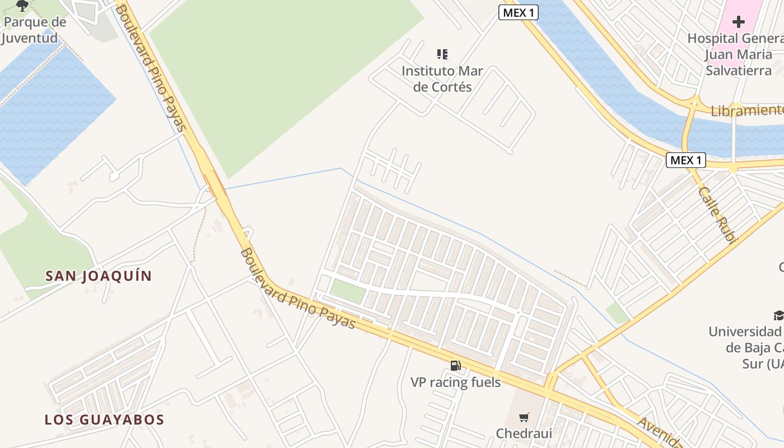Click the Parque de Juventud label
(34, 30)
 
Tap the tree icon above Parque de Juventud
(22, 6)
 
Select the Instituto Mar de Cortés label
(442, 79)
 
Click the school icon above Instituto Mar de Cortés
(442, 54)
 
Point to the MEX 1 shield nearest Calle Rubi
(686, 161)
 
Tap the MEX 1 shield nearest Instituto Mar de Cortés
(518, 12)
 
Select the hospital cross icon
(739, 22)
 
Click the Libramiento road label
(747, 110)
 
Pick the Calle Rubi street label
(717, 214)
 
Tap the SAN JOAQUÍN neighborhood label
(99, 276)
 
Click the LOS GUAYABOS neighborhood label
(104, 419)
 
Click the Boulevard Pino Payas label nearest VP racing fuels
(298, 289)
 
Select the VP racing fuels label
(455, 382)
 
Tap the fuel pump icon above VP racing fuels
(456, 366)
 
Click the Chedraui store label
(524, 433)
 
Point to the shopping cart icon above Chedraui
(524, 417)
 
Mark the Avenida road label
(661, 432)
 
